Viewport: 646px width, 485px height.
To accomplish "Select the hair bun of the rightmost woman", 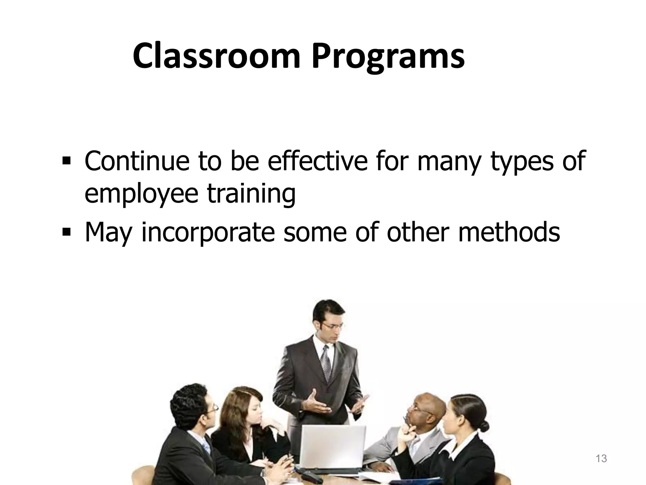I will point(483,426).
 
